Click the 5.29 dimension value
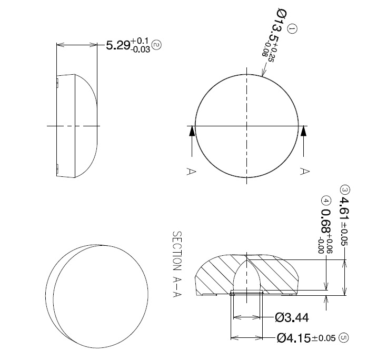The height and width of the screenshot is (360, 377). [118, 46]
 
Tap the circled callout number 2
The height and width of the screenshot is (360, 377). [156, 46]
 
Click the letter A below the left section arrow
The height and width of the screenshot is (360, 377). [191, 171]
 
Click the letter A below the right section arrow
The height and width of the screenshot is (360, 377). [303, 171]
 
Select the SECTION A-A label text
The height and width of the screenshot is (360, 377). [177, 258]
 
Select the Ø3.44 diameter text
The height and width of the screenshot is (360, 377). [292, 317]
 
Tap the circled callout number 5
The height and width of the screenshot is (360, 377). [344, 338]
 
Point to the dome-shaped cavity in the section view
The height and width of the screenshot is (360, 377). [247, 276]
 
